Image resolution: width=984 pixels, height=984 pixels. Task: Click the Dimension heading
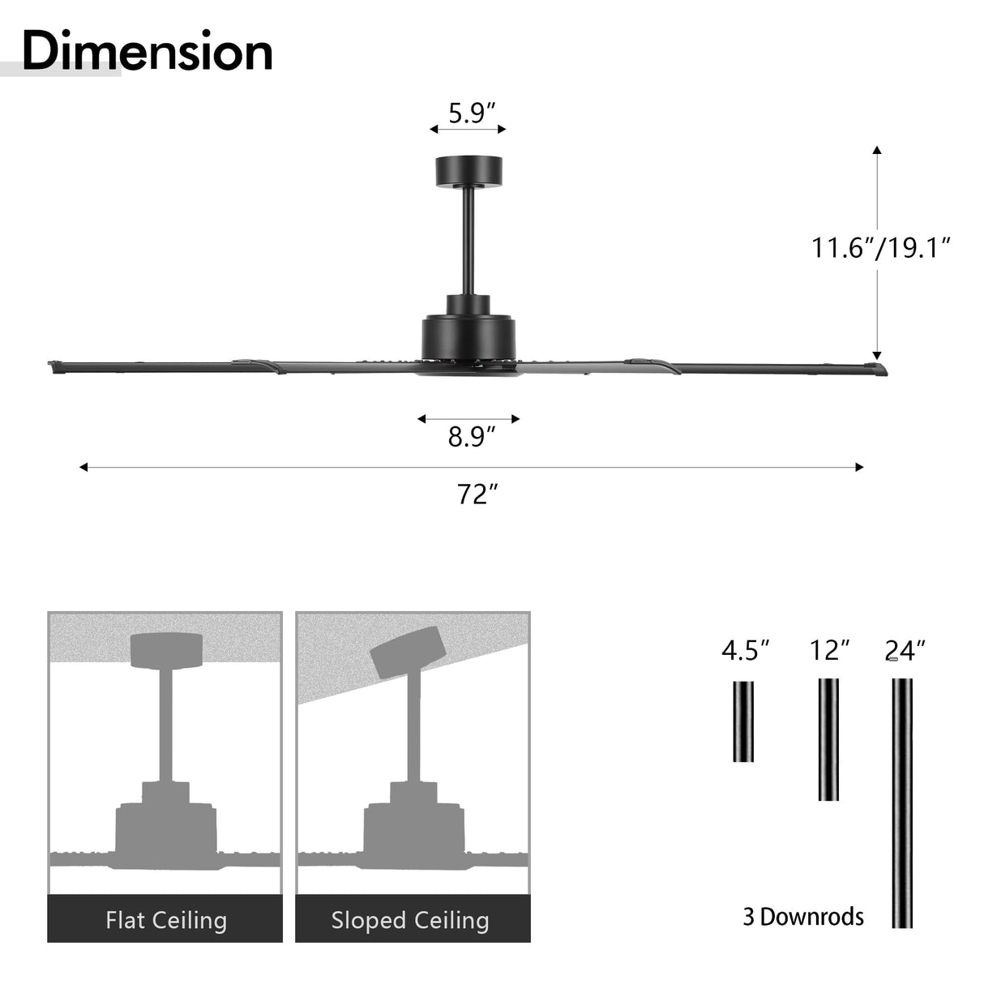[147, 51]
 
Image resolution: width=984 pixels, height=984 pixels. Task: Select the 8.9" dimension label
[471, 437]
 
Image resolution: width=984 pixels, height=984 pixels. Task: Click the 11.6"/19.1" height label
[880, 247]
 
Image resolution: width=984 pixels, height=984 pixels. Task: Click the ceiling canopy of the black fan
[469, 170]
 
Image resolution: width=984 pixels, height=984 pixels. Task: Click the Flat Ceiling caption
[165, 920]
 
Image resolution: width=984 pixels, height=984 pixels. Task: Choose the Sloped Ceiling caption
[410, 920]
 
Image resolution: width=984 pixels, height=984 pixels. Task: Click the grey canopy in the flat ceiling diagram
[166, 650]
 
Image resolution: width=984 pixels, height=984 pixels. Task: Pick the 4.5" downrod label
[744, 650]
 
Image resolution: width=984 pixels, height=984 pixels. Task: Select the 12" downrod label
[829, 650]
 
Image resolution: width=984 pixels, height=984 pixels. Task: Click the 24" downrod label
[905, 650]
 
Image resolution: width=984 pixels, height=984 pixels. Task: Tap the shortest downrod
[743, 721]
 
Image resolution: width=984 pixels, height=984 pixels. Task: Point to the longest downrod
[901, 802]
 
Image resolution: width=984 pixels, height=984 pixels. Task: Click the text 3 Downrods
[803, 917]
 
